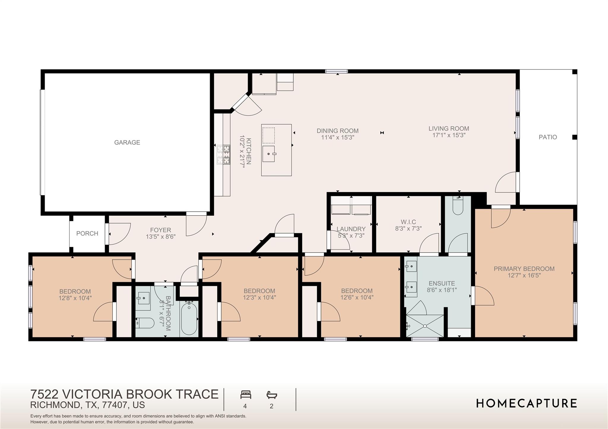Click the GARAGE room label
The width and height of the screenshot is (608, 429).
[x=127, y=142]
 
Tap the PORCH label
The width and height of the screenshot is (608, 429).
[x=87, y=233]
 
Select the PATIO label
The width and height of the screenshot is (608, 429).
[x=548, y=137]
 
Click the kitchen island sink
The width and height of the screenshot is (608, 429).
[x=269, y=154]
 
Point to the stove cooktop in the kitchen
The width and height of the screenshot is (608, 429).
[x=223, y=154]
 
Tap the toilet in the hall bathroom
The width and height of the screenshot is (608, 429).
[x=145, y=323]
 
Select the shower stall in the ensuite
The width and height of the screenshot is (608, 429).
[x=425, y=326]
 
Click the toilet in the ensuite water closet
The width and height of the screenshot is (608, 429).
[x=457, y=206]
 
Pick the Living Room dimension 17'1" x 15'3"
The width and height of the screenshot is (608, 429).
[x=449, y=135]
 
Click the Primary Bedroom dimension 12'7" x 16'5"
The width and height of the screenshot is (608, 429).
[x=524, y=275]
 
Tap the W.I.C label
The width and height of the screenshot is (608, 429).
[x=408, y=222]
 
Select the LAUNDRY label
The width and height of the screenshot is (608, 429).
[x=351, y=229]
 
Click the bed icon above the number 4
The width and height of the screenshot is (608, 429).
[x=246, y=395]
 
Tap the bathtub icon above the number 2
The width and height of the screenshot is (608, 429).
[x=272, y=395]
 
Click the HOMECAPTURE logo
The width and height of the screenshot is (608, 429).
[x=527, y=404]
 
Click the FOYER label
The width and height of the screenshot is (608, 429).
[x=160, y=230]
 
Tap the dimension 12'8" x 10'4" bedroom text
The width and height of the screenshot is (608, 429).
[x=75, y=298]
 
